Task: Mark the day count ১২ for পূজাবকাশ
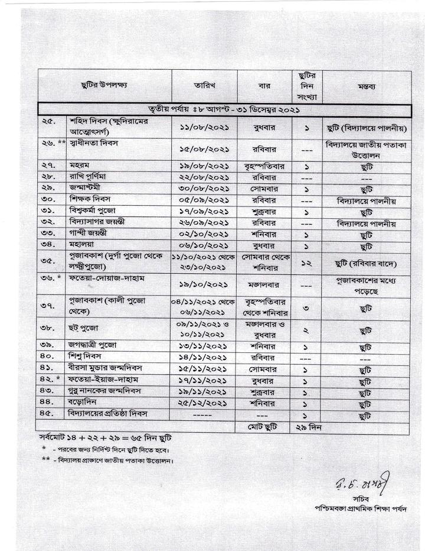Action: coord(306,262)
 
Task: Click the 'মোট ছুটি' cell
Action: coord(263,427)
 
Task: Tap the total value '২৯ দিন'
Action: coord(306,427)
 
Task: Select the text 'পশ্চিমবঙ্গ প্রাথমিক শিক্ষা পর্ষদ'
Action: coord(361,508)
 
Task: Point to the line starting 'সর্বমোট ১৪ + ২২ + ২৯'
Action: coord(104,442)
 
